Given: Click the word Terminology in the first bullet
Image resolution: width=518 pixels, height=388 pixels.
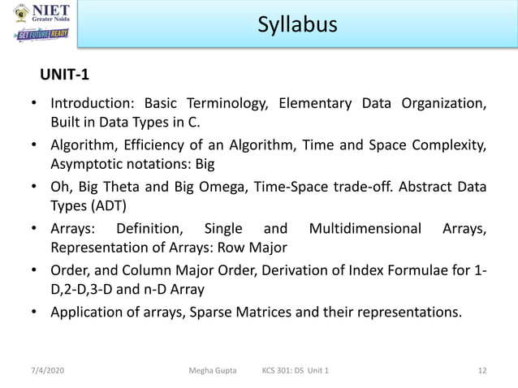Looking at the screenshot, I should coord(228,104).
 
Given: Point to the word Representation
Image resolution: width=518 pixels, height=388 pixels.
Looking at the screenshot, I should coord(101,247).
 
